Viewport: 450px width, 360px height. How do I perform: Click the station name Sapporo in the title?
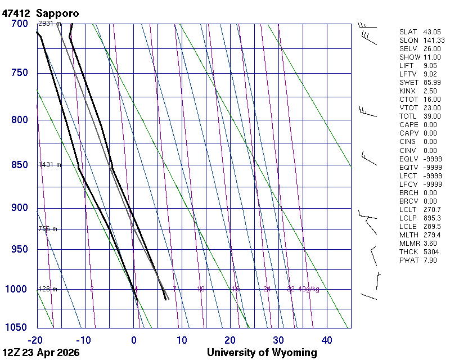[x=57, y=13]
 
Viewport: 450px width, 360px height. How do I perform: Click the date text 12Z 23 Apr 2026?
[x=41, y=353]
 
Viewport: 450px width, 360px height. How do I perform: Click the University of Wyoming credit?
[x=262, y=353]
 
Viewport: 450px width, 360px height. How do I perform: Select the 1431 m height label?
[x=49, y=165]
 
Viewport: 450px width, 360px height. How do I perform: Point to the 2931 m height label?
[x=49, y=24]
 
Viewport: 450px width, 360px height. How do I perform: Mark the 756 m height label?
[x=47, y=229]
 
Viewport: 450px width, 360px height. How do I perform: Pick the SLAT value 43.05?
[x=432, y=32]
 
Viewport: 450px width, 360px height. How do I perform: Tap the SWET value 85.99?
[x=432, y=83]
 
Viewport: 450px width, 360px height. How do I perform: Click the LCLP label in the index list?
[x=408, y=218]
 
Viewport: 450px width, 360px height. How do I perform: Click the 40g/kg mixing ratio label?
[x=309, y=289]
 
